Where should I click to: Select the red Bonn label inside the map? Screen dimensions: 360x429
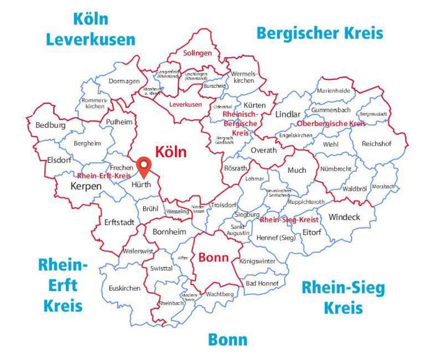(213, 257)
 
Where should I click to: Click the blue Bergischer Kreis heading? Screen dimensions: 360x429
(319, 33)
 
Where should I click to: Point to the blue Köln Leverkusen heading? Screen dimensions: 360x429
(91, 29)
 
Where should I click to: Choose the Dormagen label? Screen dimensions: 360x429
(124, 81)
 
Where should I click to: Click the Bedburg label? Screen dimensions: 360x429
(50, 125)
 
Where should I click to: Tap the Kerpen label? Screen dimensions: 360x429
(86, 186)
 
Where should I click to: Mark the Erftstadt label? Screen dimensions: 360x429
(119, 222)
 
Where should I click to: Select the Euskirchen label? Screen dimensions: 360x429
(125, 288)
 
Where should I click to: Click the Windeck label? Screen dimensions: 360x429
(344, 217)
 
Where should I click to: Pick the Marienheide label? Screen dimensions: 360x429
(334, 90)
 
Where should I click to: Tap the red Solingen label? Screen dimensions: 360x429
(198, 53)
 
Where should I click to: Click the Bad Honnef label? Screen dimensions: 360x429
(262, 283)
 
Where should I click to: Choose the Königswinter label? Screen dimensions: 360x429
(257, 261)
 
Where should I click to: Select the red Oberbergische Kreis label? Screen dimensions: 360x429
(331, 124)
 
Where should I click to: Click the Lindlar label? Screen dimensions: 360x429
(288, 114)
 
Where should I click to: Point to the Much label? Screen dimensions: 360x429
(297, 170)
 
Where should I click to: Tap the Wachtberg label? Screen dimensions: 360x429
(220, 294)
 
